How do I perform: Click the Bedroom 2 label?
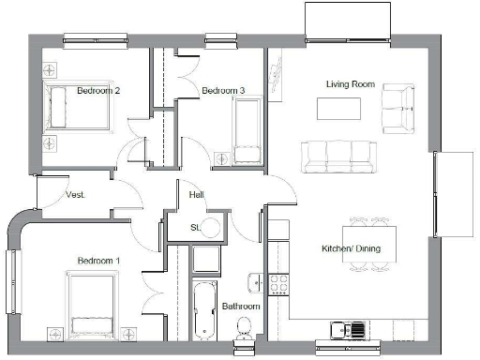[x=97, y=91]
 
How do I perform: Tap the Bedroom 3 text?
[x=223, y=90]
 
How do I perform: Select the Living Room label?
[x=350, y=84]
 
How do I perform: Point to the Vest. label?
[x=76, y=195]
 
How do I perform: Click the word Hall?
[x=196, y=195]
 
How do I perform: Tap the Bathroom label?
[x=241, y=307]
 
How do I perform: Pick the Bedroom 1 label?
[x=97, y=260]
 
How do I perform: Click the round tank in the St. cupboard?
[x=212, y=227]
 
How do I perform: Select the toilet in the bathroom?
[x=244, y=328]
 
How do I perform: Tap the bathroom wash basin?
[x=255, y=281]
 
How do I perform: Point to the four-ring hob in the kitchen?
[x=278, y=281]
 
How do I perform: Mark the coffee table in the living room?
[x=337, y=109]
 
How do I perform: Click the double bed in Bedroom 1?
[x=92, y=304]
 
